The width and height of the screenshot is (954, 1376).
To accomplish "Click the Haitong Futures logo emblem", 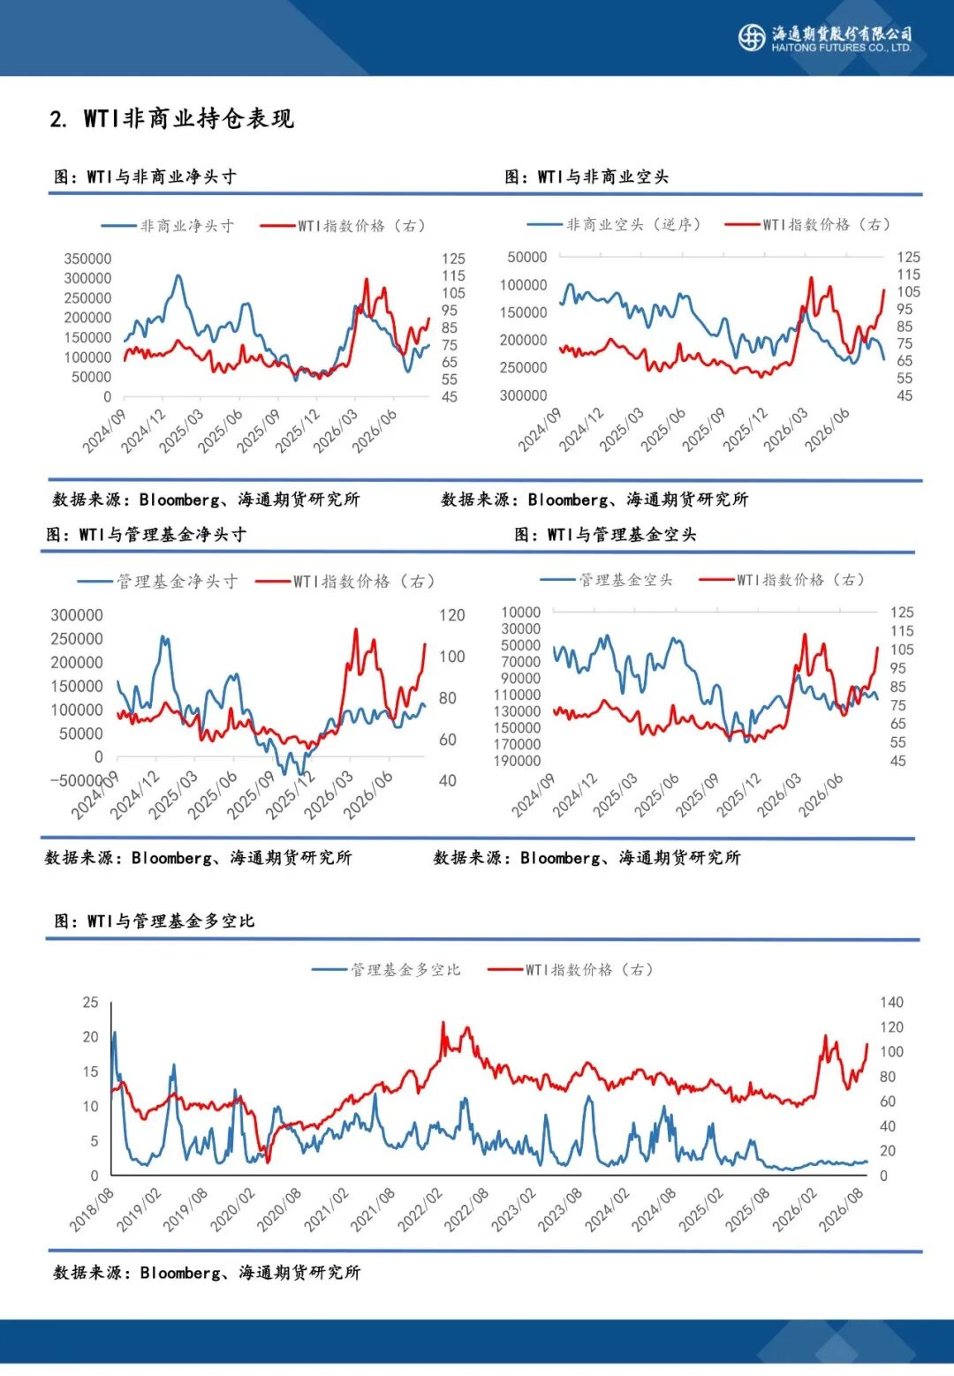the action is point(751,37).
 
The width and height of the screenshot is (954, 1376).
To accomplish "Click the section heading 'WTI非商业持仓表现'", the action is point(189,118).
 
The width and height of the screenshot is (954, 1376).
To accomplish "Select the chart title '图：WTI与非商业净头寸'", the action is point(145,177).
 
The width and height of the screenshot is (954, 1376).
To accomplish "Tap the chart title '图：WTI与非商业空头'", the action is point(587,177).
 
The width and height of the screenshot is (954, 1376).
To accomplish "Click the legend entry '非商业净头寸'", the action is point(168,226).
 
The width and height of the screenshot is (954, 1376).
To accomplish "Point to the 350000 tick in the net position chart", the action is point(88,259).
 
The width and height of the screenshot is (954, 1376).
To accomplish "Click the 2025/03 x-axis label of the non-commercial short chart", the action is point(622,429).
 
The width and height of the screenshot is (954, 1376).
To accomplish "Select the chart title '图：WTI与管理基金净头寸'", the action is point(147,535).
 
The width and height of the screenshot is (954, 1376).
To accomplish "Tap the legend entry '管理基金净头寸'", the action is point(158,581).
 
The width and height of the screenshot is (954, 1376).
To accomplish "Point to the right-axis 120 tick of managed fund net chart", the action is point(451,615).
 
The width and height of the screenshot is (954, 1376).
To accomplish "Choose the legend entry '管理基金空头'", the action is point(606,580).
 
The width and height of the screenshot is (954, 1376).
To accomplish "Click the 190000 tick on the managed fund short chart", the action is point(517,761).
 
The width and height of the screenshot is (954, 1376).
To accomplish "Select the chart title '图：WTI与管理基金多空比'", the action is point(155,921).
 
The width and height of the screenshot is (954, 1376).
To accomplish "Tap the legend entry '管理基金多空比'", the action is point(386,970).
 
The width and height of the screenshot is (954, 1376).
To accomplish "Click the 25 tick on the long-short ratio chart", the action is point(90,1003).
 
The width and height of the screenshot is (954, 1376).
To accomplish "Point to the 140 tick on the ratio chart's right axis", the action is point(891,1003).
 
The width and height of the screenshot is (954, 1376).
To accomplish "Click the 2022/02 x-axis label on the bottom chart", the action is point(420,1209).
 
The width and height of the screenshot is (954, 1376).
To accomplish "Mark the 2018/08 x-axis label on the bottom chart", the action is point(92,1209).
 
